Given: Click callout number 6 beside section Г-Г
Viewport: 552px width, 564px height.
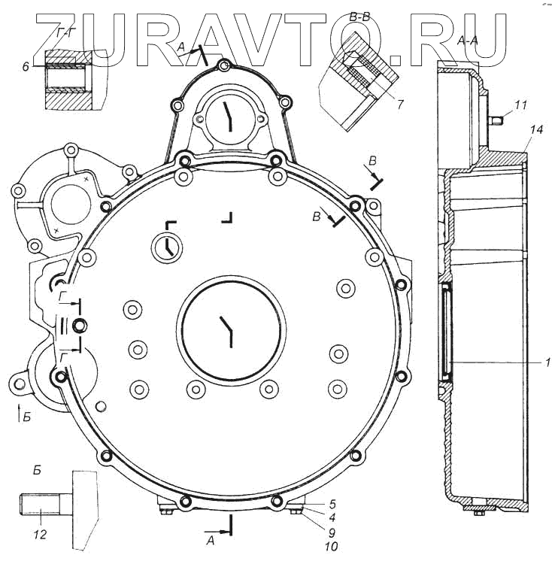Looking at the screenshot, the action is click(26, 66).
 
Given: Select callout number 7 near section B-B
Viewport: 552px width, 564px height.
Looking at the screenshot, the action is click(400, 105).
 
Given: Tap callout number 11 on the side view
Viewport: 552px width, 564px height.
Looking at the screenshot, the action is click(520, 105).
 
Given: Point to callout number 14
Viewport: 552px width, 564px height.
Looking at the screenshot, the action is click(535, 129).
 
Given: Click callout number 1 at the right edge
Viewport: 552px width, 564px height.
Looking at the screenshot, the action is click(547, 362).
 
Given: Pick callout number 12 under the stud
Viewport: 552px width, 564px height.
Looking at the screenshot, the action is click(40, 535).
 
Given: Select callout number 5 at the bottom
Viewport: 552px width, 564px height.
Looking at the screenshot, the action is click(332, 503).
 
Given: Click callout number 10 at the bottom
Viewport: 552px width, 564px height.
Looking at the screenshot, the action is click(331, 547).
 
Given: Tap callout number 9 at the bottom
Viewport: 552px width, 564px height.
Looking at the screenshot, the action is click(332, 532).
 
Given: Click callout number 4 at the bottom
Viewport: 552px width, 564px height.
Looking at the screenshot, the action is click(332, 517).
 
